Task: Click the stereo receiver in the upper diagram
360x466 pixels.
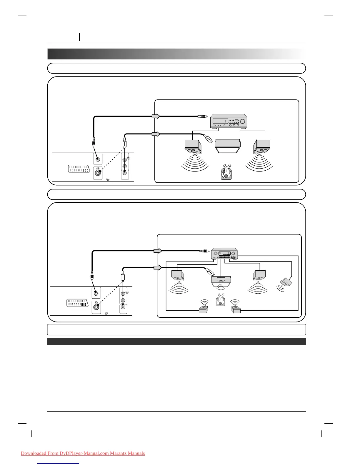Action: coord(229,121)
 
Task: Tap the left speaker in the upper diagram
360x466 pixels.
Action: coord(193,147)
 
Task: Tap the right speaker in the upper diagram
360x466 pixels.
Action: coord(262,147)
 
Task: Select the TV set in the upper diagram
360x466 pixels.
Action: coord(228,146)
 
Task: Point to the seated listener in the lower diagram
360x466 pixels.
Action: coord(220,300)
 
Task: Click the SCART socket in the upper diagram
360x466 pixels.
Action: coord(79,169)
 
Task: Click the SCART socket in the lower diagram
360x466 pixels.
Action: coord(78,303)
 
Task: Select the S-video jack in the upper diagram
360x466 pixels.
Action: coord(97,173)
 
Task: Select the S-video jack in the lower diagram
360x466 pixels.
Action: coord(96,307)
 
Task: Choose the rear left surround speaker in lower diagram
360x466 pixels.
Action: coord(203,309)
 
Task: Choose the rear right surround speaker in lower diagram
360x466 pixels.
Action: coord(236,309)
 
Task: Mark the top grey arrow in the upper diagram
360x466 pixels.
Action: coord(156,116)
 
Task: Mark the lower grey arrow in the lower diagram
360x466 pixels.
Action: coord(158,267)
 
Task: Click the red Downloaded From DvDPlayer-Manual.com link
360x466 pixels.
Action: coord(83,453)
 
